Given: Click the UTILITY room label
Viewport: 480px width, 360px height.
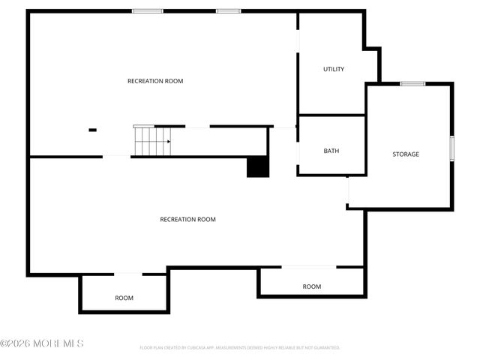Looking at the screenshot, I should click(x=334, y=70).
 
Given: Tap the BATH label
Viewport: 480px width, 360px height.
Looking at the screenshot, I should click(x=331, y=151).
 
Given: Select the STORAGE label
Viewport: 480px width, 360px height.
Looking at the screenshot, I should click(x=406, y=154).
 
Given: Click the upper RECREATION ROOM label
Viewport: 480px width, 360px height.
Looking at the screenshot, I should click(x=155, y=81).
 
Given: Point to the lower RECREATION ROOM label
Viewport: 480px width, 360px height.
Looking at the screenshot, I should click(x=187, y=220).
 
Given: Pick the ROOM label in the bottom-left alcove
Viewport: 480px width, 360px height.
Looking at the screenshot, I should click(x=124, y=298).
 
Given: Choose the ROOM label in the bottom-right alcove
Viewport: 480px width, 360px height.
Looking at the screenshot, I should click(x=312, y=286).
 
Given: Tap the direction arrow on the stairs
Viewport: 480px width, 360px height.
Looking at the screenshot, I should click(x=168, y=141).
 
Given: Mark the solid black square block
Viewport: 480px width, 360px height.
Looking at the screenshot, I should click(x=258, y=166).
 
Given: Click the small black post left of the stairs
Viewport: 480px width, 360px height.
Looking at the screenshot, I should click(x=92, y=130).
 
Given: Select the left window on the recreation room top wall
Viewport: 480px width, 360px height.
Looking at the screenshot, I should click(x=148, y=11).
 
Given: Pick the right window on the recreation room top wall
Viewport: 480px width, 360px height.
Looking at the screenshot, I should click(x=228, y=11).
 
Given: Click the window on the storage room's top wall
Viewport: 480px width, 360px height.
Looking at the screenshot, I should click(x=412, y=84).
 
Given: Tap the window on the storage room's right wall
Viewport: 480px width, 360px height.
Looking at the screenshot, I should click(x=451, y=148).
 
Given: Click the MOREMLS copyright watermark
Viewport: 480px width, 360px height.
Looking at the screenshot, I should click(x=42, y=343).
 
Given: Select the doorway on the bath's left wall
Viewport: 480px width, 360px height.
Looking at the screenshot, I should click(x=298, y=152).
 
